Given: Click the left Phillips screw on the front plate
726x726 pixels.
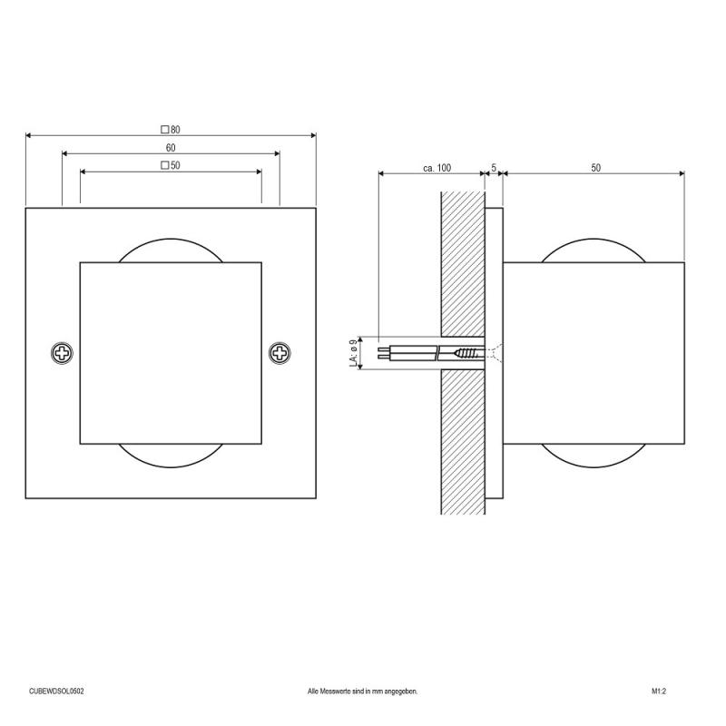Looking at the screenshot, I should coord(63,352).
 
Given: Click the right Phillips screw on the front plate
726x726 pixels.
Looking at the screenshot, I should coord(280,352).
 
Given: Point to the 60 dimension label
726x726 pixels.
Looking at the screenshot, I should coord(171,147).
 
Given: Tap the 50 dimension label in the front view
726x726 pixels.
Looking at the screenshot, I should coord(175,165).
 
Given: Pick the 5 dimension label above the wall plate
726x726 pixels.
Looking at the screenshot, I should coord(493,168).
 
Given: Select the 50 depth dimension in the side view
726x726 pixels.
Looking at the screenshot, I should coord(595,168).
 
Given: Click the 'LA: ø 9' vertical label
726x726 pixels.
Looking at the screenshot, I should coord(353,352).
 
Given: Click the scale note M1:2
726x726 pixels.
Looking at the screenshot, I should coord(659,691).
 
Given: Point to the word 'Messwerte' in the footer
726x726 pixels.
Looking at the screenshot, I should coord(341,691).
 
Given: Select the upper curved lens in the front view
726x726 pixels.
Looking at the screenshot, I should coord(171,250).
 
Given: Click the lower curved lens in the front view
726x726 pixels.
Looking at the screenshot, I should coord(171,454).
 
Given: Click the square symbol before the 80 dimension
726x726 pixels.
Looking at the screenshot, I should coord(165,129).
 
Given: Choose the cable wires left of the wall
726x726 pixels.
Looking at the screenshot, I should coord(408,352).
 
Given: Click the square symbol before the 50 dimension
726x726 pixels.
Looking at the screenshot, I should coord(165,165).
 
